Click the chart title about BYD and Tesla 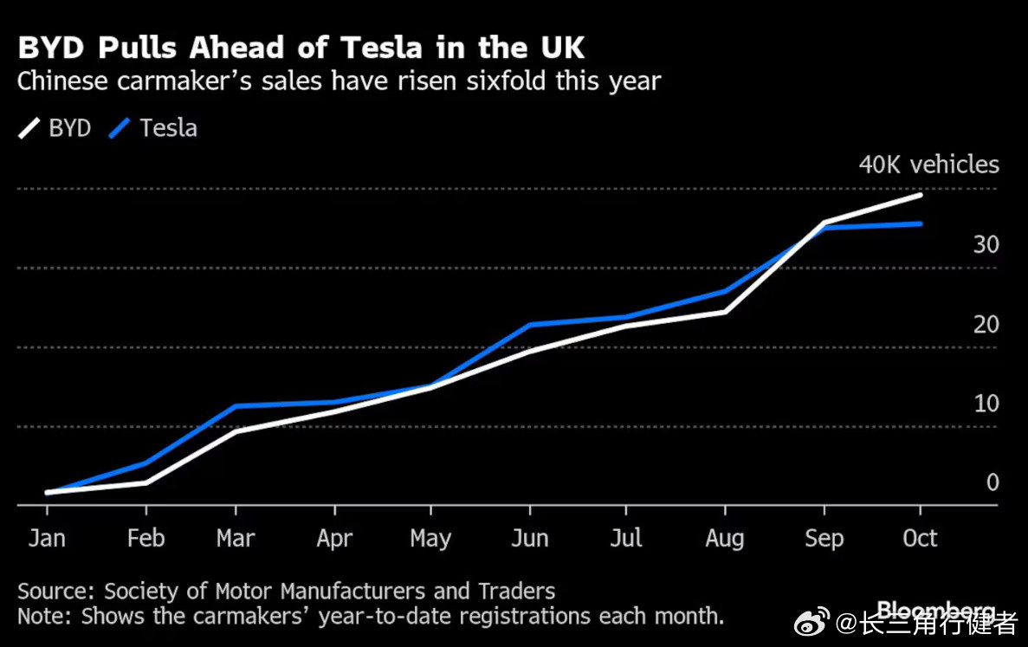point(301,48)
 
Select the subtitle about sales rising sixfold point(339,82)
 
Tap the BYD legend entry point(56,128)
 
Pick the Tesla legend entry point(154,128)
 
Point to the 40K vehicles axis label point(928,165)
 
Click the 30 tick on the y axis point(986,245)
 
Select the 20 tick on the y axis point(986,325)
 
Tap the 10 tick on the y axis point(986,404)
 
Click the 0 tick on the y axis point(992,482)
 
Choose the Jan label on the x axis point(47,539)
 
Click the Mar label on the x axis point(236,539)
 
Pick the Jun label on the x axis point(529,539)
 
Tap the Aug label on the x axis point(725,539)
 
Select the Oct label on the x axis point(920,539)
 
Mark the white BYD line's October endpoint point(921,195)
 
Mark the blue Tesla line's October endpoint point(921,223)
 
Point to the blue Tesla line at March point(236,405)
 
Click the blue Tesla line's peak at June point(529,325)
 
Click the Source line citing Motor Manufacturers point(286,592)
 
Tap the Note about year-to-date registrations point(370,617)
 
